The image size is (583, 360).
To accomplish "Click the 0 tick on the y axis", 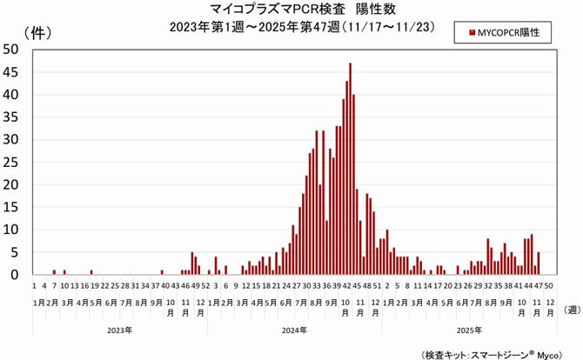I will coord(15,275).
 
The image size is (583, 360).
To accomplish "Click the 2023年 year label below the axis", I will coord(120,330).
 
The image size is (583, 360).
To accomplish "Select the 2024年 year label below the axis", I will coord(294,330).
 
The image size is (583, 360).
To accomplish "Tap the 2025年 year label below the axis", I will coord(468,330).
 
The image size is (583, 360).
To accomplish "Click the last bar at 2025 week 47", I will coord(539,263).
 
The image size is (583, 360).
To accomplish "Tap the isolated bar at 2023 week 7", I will coord(54,272).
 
